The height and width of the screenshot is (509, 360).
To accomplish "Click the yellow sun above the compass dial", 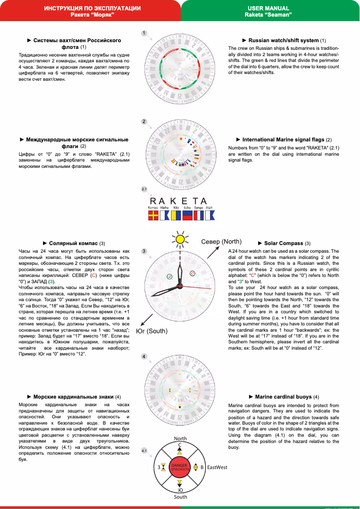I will (180, 240).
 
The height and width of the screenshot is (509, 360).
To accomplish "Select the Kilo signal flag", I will (176, 215).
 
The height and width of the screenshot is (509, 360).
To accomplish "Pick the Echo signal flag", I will (187, 215).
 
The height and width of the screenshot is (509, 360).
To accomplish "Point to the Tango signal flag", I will (198, 215).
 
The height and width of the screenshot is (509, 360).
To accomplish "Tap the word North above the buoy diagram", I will (180, 439).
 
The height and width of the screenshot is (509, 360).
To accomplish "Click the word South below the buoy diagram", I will (180, 497).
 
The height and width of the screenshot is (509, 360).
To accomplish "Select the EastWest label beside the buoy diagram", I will (217, 467).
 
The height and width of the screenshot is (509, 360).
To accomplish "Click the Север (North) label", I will (221, 241).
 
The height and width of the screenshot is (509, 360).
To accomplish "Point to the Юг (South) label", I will (152, 331).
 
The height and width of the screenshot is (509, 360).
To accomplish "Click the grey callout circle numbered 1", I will (144, 33).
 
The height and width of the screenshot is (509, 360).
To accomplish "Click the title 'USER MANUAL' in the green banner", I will (268, 9).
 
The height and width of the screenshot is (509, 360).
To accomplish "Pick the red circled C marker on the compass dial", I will (192, 272).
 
